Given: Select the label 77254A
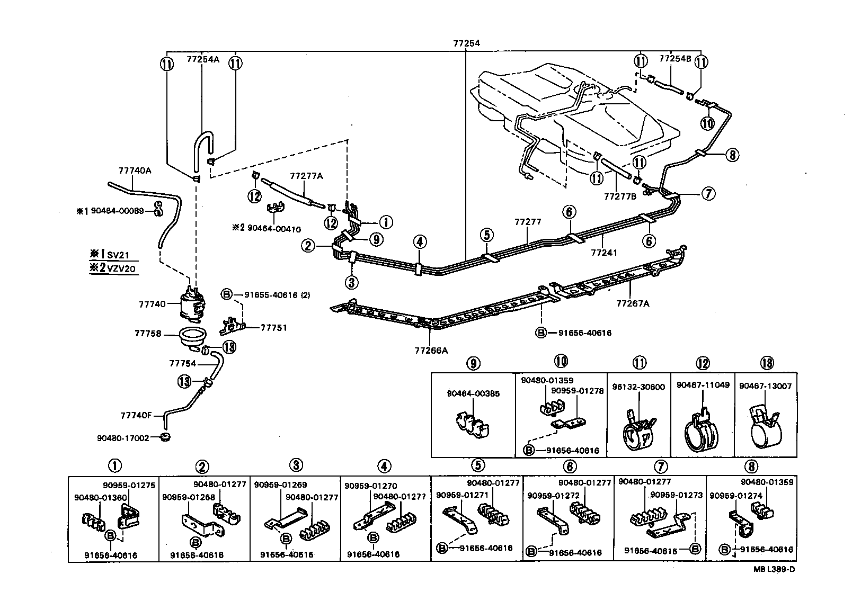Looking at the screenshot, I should tap(202, 59).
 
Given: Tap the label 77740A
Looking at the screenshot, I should tap(134, 171).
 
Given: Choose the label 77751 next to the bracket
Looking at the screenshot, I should tap(273, 328).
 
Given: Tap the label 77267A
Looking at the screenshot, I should tap(633, 303).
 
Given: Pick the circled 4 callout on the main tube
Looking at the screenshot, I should tap(419, 242).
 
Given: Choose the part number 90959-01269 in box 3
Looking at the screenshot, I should tap(280, 485).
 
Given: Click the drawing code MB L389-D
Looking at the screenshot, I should tap(774, 569).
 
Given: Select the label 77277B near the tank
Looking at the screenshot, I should tap(620, 196).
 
